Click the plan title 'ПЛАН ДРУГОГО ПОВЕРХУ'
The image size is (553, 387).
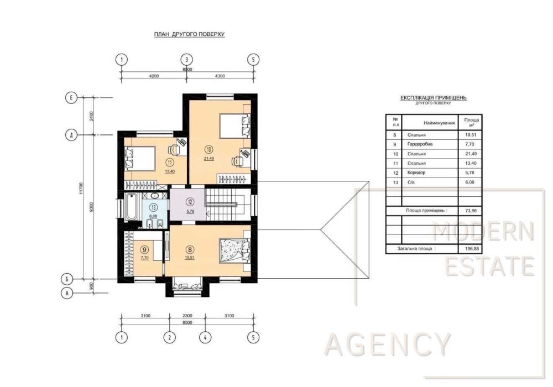click(x=189, y=34)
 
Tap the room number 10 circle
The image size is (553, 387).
click(x=209, y=149)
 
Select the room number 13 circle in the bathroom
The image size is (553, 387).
click(x=153, y=207)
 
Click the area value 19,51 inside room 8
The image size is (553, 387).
click(x=190, y=258)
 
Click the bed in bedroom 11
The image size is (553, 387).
click(x=140, y=158)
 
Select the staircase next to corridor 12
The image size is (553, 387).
click(x=223, y=205)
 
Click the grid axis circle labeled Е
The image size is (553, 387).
click(x=71, y=98)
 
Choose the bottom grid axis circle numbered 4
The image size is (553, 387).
click(x=205, y=337)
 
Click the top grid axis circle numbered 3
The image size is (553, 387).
click(x=186, y=60)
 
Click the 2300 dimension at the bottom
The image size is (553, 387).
click(x=187, y=316)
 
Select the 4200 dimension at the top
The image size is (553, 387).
click(x=154, y=76)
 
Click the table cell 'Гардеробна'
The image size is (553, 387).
click(x=420, y=144)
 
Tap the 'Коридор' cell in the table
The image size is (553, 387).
click(x=416, y=172)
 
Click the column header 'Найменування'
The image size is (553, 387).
click(x=439, y=123)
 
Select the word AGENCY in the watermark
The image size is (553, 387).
click(x=388, y=344)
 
